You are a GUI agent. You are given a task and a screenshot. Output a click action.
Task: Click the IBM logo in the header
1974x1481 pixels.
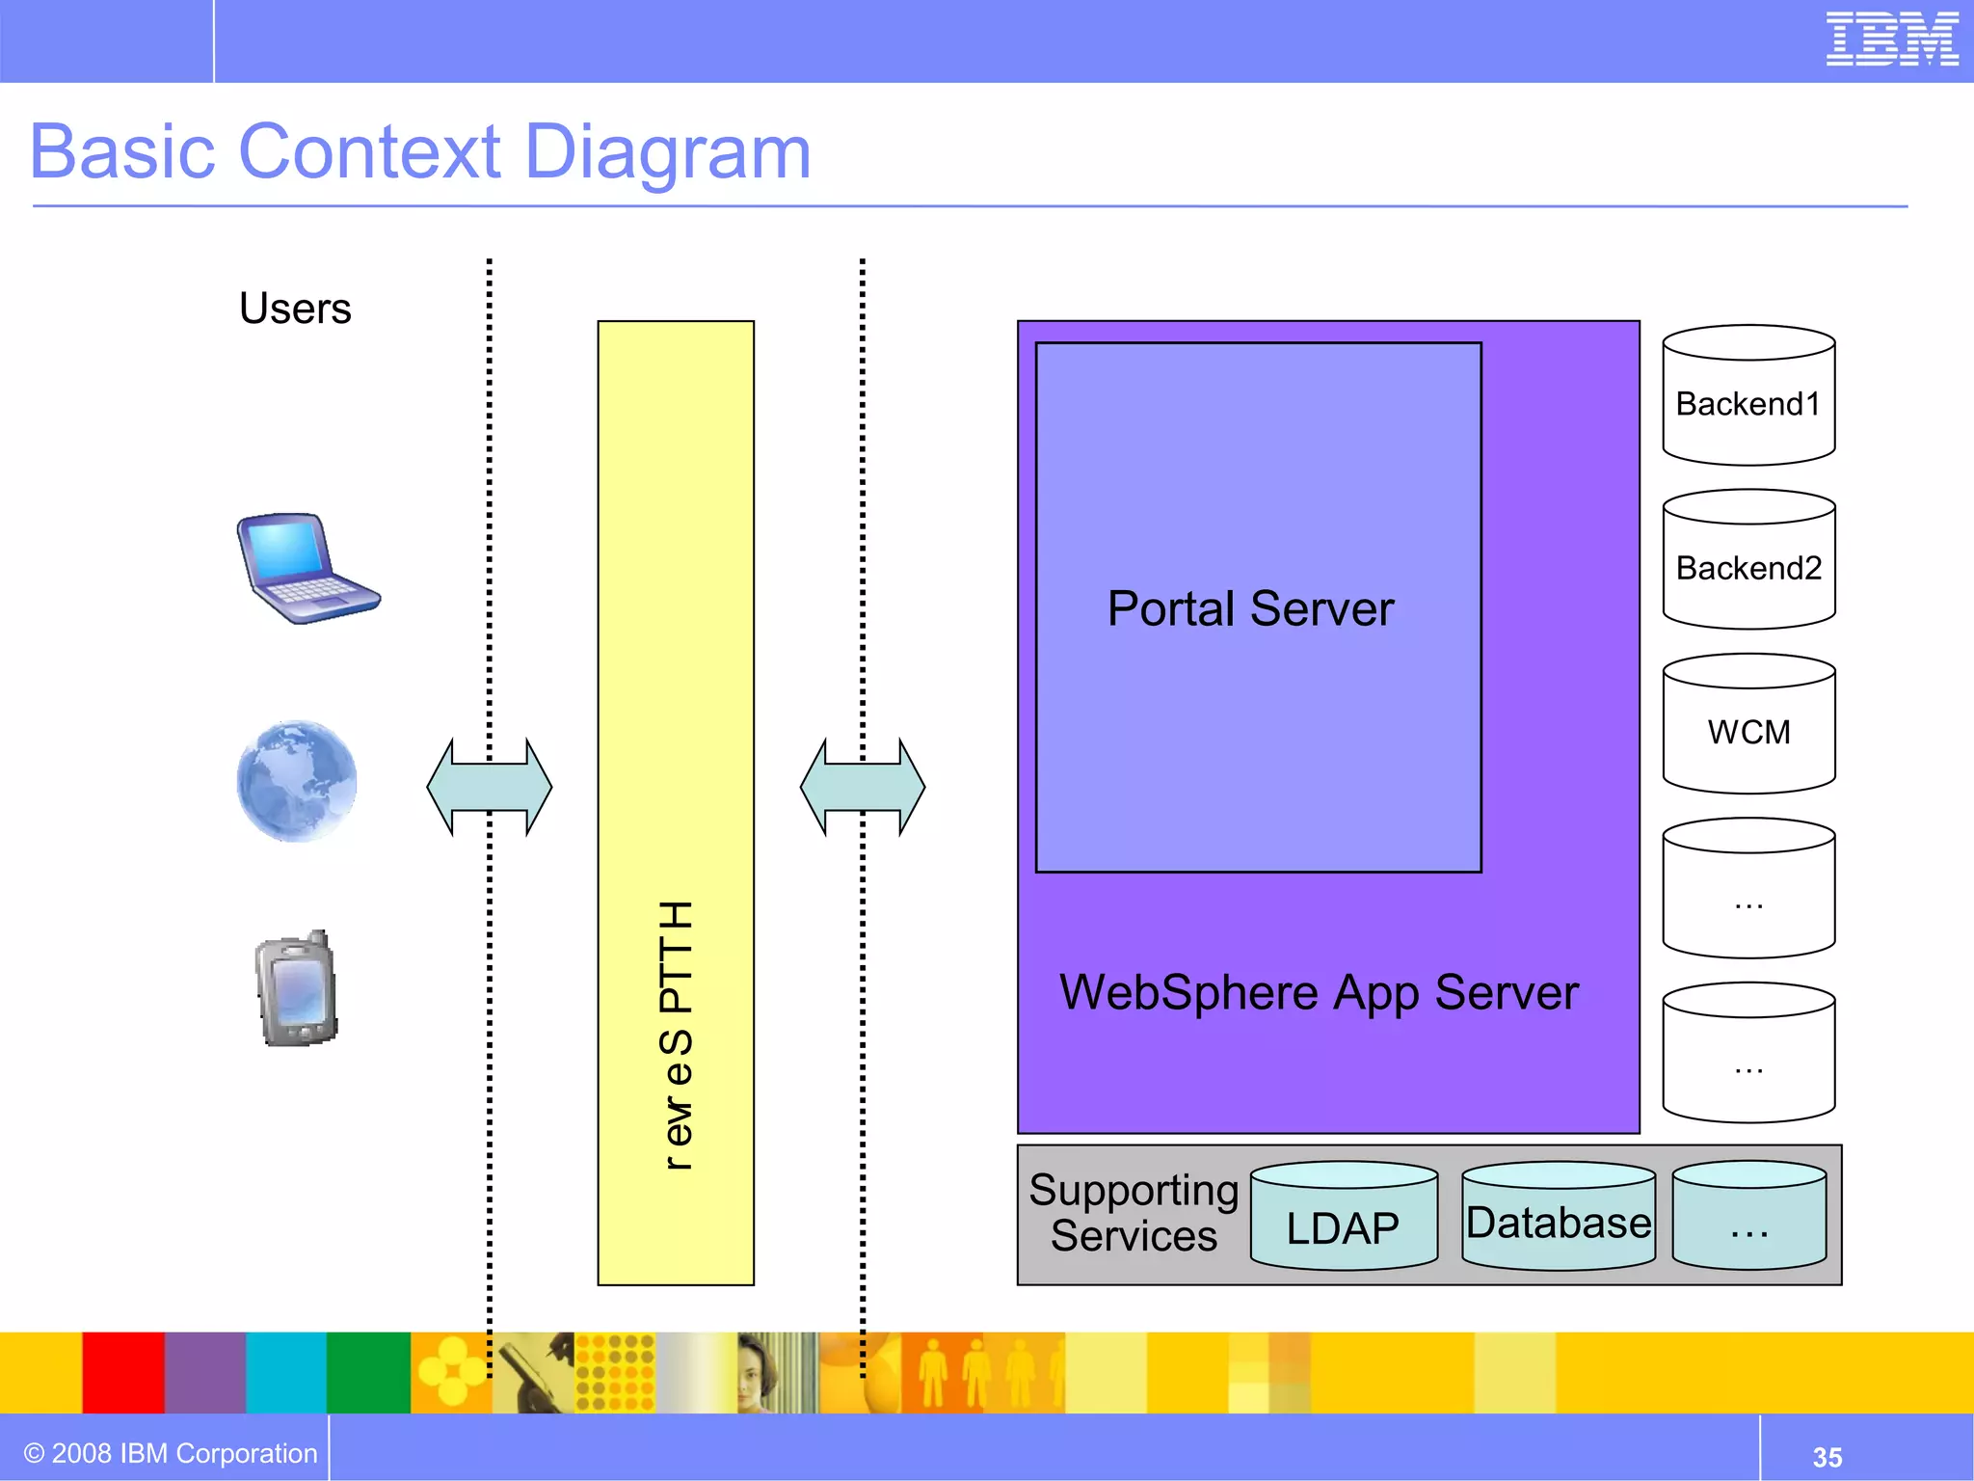pos(1891,40)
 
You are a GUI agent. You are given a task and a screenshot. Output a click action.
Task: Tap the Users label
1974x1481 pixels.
pos(295,310)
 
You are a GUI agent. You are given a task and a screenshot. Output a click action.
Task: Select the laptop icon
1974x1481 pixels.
pos(306,568)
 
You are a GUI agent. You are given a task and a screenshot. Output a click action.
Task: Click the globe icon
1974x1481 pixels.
pos(297,780)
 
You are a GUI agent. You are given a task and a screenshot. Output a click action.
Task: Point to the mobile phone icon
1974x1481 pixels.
pos(297,989)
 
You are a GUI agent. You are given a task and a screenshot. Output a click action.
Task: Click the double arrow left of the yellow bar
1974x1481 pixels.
pos(490,787)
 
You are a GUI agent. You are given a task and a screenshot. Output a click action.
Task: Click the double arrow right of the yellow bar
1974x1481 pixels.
pos(863,787)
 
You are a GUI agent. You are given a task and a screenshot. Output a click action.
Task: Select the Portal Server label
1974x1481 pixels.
pos(1250,609)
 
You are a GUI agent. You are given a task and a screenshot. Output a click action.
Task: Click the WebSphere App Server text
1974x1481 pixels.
pos(1319,993)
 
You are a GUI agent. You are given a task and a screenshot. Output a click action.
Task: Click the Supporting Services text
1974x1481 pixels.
pos(1134,1213)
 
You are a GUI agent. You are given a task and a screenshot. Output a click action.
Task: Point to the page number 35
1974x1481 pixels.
pos(1827,1457)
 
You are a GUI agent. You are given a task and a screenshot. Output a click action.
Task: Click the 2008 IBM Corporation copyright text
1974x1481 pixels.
pos(171,1453)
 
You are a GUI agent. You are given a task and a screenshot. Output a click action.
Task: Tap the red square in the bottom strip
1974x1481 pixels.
pos(123,1372)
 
